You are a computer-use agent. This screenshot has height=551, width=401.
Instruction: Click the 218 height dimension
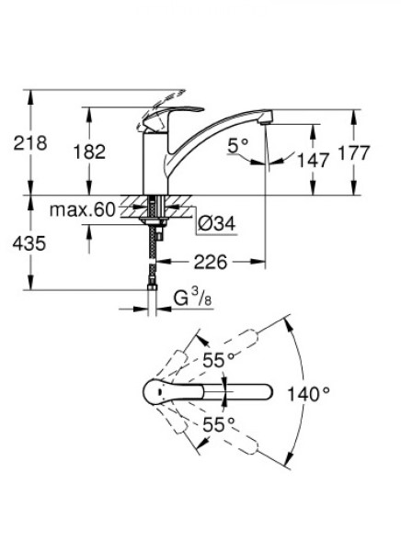pos(30,143)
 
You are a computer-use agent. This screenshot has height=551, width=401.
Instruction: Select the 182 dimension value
pos(89,152)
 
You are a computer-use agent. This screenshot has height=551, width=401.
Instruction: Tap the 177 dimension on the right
pos(354,152)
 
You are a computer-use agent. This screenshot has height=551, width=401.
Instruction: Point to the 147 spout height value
pos(313,160)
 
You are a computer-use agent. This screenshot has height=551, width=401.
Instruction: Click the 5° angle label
pos(237,145)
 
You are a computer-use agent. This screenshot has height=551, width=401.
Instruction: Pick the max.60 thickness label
pos(83,210)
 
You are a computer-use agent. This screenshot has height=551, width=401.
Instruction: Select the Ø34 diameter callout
pos(216,223)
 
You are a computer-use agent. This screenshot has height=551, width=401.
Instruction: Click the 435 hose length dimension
pos(29,243)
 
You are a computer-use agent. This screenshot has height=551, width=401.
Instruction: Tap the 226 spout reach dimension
pos(211,262)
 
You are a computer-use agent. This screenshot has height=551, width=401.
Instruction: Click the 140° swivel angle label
pos(309,394)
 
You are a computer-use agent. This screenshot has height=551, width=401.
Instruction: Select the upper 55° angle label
pos(219,360)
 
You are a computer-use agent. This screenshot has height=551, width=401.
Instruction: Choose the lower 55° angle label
pos(219,424)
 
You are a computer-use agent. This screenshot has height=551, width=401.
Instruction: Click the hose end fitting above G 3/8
pos(152,287)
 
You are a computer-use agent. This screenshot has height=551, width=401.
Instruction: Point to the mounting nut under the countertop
pos(154,220)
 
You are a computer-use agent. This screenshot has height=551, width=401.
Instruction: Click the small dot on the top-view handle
pos(160,392)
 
